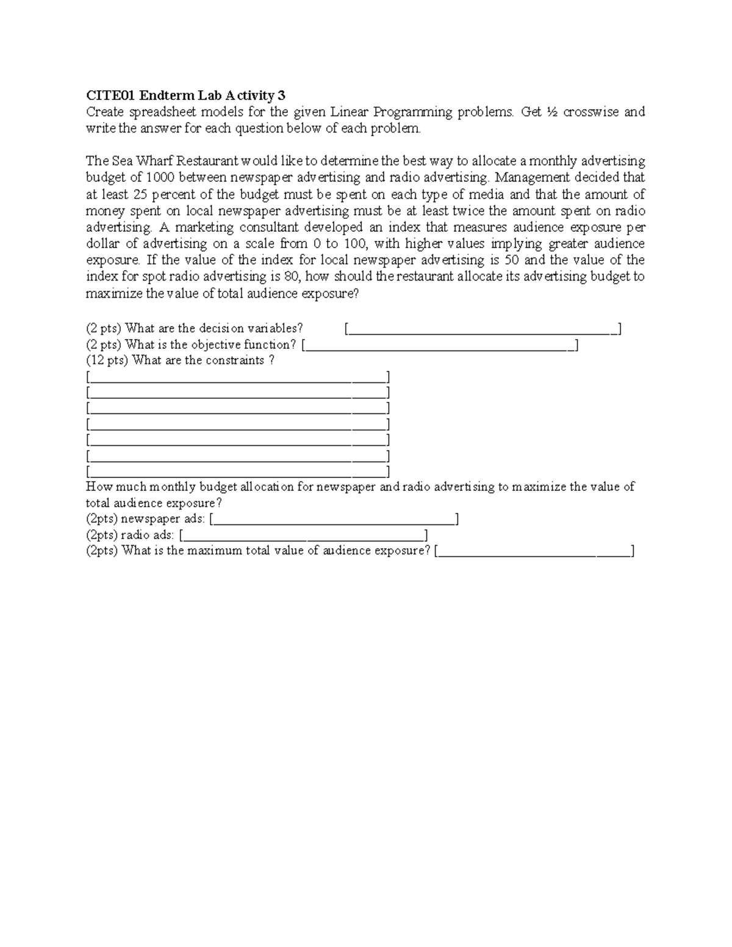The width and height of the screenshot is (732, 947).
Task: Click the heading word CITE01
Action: click(110, 95)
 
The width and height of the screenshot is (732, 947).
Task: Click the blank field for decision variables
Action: click(483, 329)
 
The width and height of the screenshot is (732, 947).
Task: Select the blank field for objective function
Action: click(440, 346)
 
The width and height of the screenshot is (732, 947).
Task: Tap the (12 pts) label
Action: click(107, 360)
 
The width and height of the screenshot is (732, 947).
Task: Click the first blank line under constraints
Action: click(238, 376)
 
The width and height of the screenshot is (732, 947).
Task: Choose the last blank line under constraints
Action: click(238, 471)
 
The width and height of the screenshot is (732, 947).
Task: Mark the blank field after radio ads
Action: click(303, 535)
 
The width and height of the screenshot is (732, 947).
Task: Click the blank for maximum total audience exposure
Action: click(535, 551)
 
